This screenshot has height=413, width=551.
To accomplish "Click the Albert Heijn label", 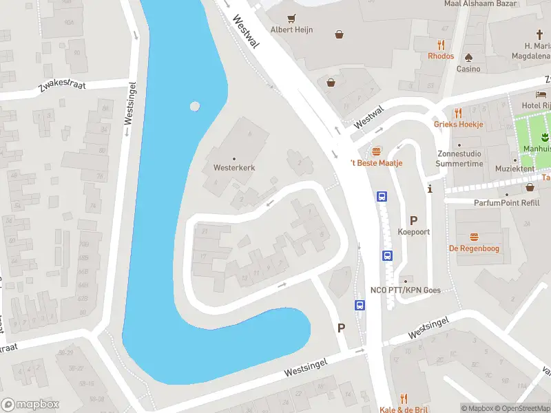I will [291, 30].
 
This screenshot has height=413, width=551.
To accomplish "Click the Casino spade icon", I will [469, 57].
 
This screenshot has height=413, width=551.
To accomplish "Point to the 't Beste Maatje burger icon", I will [376, 151].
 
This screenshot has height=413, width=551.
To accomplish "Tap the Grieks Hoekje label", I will [459, 125].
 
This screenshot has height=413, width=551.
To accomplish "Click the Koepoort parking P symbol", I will [414, 220].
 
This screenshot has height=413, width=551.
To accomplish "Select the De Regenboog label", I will [474, 248].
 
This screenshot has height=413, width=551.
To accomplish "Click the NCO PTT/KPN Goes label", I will [405, 290].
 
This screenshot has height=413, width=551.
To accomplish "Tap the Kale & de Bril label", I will [403, 410].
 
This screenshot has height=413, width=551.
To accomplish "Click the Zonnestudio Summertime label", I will [459, 159].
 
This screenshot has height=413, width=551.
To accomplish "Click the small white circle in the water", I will [195, 107].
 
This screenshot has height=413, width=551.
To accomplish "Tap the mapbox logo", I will [30, 405].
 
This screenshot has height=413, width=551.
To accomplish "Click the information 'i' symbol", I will [430, 189].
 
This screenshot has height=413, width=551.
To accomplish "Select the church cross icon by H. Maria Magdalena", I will [541, 34].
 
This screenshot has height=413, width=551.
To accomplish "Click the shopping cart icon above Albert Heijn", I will [292, 19].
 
